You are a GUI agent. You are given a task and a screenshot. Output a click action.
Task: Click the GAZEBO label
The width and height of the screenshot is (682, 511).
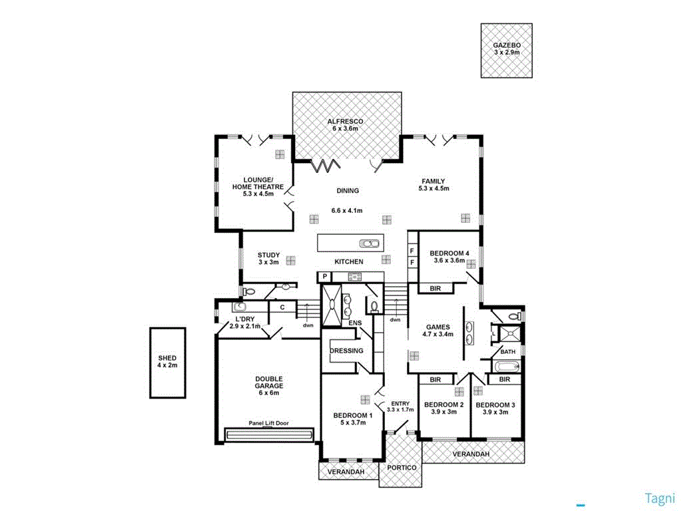coord(506,48)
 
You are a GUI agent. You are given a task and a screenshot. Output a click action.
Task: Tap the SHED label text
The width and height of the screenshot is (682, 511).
coord(167,362)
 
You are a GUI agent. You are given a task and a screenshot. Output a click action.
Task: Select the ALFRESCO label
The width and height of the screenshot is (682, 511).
coord(347,124)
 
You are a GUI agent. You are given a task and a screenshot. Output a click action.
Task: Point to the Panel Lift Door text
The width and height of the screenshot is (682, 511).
coord(269,423)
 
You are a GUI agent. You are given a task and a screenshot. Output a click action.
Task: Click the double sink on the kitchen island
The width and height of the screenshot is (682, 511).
coord(369,243)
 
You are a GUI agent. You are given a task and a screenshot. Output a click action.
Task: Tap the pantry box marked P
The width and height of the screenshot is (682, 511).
coord(324,277)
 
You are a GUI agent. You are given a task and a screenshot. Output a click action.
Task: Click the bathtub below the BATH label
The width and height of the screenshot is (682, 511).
coord(508,366)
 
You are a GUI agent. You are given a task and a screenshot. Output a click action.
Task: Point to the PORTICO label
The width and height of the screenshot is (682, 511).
coord(402,468)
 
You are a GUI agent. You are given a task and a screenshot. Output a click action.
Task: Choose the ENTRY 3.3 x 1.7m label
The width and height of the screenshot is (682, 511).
coord(400,406)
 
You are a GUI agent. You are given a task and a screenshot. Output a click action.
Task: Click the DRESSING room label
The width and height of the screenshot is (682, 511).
coord(346,351)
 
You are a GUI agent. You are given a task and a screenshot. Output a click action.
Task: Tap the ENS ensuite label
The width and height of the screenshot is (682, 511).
coord(354,324)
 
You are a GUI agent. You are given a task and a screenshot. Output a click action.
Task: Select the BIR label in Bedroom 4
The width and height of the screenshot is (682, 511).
coord(436,287)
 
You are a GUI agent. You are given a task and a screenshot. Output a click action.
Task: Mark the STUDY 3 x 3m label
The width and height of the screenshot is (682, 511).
coord(268,258)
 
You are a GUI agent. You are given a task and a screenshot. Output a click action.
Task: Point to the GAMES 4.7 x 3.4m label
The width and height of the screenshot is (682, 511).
coord(438,331)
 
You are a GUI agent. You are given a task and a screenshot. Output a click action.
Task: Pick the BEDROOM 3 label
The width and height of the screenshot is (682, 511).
coord(496,408)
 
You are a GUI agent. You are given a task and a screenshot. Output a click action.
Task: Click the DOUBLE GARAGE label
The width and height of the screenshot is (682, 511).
coord(269,385)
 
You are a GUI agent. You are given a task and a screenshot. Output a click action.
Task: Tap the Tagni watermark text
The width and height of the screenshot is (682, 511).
coord(660,498)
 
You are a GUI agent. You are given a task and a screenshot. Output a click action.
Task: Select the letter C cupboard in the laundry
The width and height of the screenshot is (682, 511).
coord(282,307)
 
